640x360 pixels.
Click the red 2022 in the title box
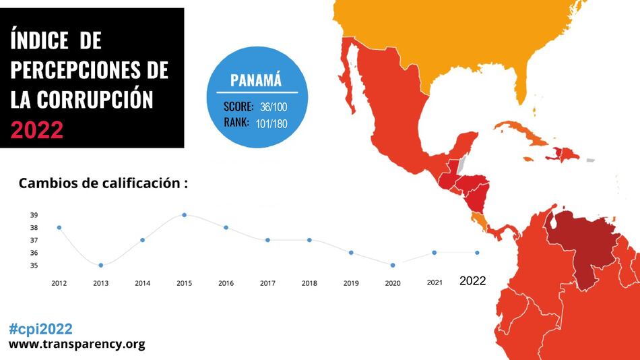pos(37,129)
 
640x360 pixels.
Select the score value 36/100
pos(274,107)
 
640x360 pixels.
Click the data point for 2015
pos(184,215)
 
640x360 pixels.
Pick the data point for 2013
pos(101,265)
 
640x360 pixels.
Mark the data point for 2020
pos(393,265)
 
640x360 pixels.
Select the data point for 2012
pos(59,227)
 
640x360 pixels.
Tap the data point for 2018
pos(309,240)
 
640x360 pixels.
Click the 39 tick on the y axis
pos(34,215)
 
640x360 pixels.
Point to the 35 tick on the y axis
pos(34,266)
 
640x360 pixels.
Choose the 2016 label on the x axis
pos(226,283)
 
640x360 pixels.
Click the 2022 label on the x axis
pos(472,282)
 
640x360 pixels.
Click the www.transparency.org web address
pos(77,344)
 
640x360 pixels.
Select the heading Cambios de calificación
pos(102,183)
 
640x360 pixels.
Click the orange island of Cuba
pos(522,133)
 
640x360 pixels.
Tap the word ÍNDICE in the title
pos(40,40)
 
